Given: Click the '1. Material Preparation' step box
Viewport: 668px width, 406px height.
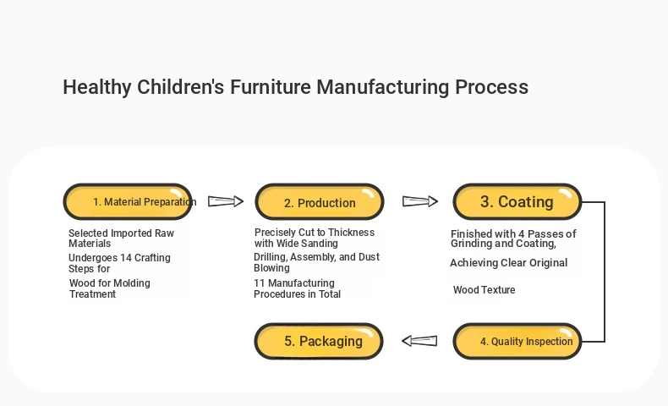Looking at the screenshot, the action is point(128,201).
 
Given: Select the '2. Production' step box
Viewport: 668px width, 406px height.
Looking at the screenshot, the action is point(320,202).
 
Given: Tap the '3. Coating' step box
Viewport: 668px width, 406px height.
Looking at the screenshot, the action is point(517,201).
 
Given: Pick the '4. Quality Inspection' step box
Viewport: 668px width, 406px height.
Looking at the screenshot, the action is point(517,341).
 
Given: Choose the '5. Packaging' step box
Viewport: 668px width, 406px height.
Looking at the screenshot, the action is point(319,341).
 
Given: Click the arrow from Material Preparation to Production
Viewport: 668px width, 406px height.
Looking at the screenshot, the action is point(226,201).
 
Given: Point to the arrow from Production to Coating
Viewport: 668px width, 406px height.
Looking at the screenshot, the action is point(420,201).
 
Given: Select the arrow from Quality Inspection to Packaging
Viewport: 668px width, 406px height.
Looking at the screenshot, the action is point(419,341).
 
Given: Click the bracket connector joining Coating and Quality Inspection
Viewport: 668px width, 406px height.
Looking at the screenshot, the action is point(605,272).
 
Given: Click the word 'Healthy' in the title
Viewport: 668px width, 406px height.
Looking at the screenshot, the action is point(97,87).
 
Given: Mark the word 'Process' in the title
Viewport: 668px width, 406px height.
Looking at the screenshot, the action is point(491,87).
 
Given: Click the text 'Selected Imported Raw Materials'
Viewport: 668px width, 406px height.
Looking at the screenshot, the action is point(122,239).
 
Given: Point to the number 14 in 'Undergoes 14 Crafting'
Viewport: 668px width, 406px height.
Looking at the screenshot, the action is point(126,258).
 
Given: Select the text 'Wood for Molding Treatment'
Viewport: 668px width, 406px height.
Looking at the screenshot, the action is point(110,288).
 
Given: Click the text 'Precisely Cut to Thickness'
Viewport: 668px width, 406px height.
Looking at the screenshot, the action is point(315,233).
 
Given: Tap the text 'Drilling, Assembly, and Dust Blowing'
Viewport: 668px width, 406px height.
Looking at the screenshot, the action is point(316,262).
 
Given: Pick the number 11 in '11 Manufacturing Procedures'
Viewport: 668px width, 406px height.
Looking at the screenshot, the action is point(259,283).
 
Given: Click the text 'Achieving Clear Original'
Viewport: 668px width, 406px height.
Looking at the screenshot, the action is point(509,263).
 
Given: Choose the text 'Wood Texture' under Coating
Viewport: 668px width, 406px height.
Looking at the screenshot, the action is point(485,289).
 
